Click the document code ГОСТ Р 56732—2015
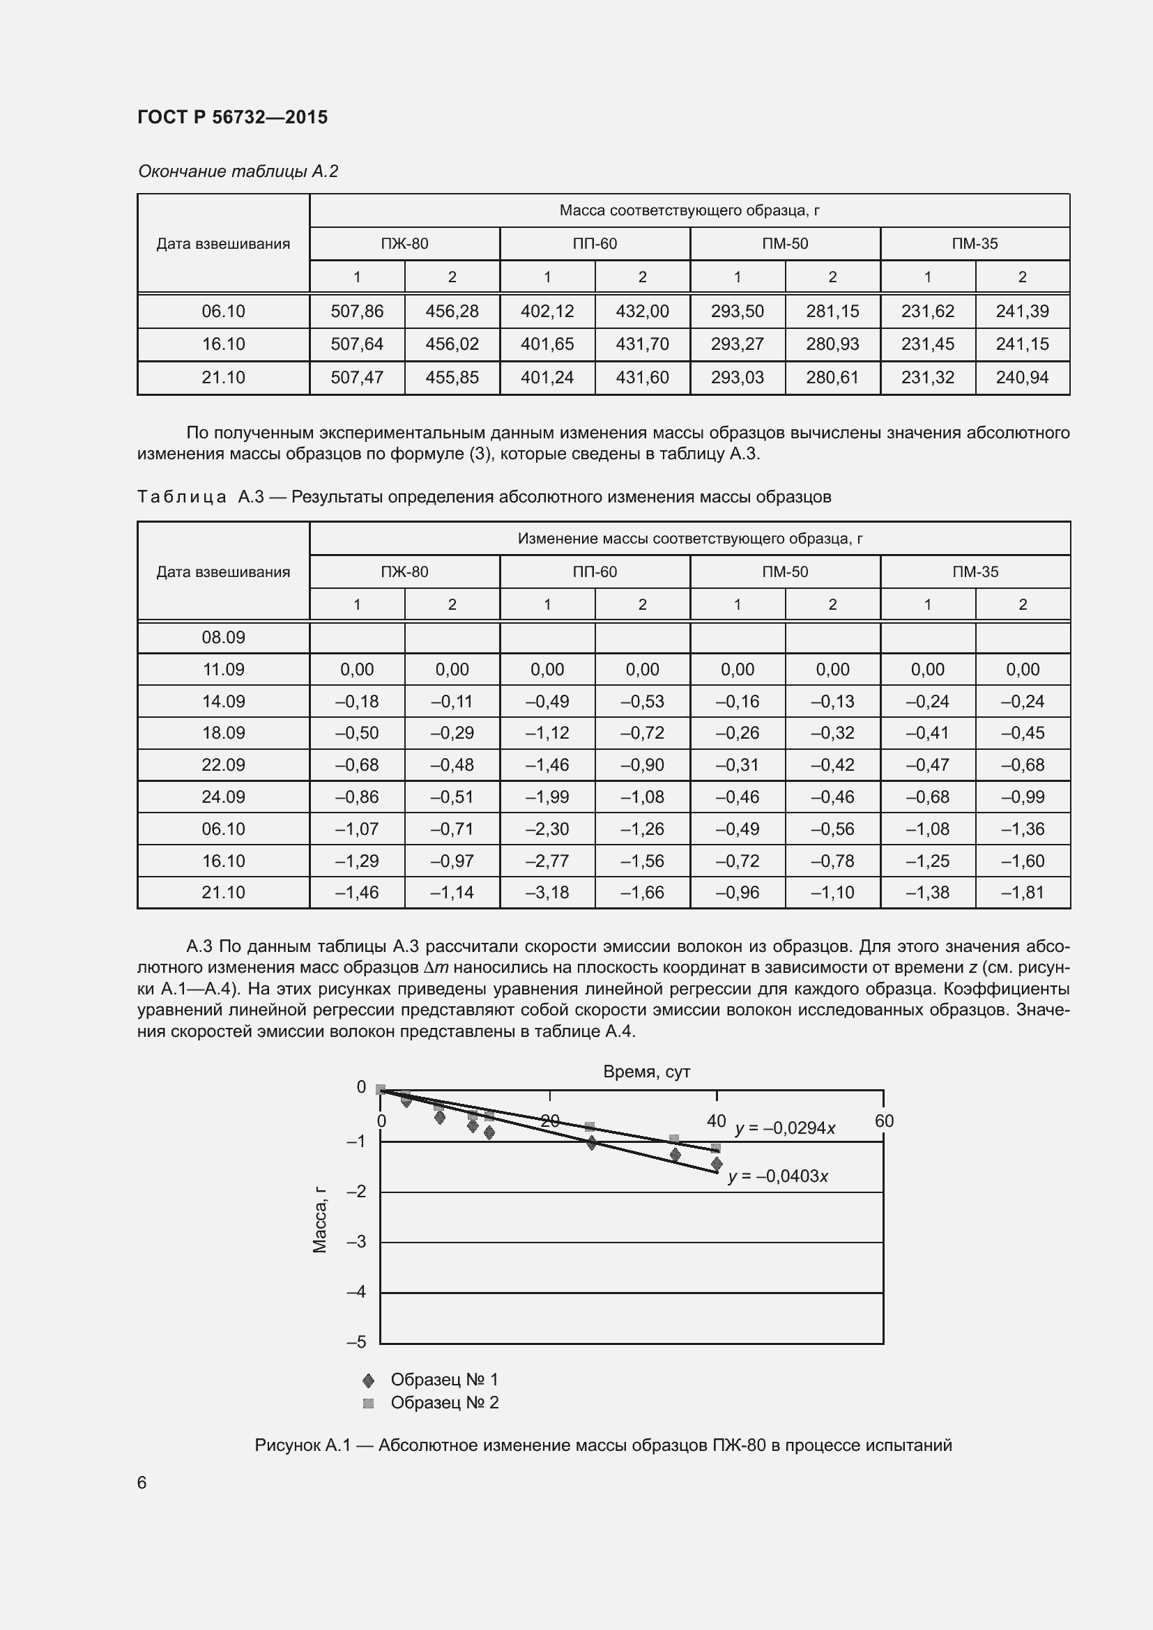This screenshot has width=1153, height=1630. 232,117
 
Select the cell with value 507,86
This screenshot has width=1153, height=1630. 356,311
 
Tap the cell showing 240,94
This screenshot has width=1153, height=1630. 1022,378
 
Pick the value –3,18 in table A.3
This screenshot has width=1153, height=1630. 547,893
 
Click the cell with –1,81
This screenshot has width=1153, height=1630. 1022,893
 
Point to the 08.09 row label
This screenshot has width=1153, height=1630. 223,637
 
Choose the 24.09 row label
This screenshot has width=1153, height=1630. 223,797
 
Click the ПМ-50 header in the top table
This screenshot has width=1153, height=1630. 784,243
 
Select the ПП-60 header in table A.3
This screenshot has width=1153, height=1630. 594,571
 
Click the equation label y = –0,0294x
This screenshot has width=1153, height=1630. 784,1128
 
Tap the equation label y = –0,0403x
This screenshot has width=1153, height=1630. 778,1176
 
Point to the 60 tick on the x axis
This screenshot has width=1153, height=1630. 884,1121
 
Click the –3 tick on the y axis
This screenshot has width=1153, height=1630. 356,1242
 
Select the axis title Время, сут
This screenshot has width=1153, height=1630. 646,1072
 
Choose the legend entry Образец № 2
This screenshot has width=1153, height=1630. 445,1403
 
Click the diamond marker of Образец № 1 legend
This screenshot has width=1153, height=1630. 368,1380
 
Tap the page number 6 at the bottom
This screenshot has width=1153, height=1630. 142,1483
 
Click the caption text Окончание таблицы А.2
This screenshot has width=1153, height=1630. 238,171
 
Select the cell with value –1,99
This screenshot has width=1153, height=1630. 547,797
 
